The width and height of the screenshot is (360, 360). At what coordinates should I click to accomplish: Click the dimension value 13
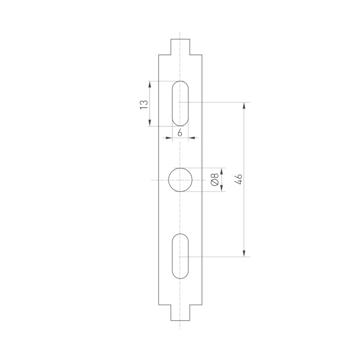coord(143,104)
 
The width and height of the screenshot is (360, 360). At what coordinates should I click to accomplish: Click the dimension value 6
coord(180,131)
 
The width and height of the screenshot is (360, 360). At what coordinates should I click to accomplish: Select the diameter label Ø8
coord(214,180)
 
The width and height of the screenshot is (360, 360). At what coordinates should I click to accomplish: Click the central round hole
coord(180,180)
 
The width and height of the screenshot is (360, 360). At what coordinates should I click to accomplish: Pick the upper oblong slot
coord(180,103)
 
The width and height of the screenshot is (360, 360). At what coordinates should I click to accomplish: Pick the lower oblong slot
coord(180,256)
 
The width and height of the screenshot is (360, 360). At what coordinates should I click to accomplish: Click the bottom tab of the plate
coord(180,313)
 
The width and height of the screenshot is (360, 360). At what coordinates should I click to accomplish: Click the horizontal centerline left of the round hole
coord(159,180)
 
